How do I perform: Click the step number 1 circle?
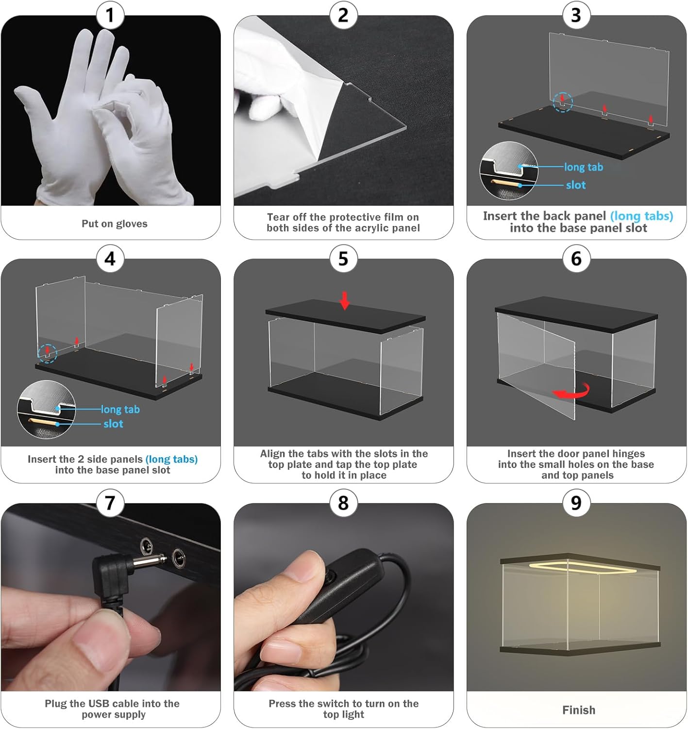coord(110,16)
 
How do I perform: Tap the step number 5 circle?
coord(343,259)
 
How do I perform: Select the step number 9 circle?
coord(576,503)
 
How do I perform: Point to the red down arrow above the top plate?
coord(344,301)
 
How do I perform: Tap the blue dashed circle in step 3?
coord(563,102)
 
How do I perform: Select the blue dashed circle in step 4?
coord(47,353)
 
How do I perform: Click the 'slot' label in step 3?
coord(575,185)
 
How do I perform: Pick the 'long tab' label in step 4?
coord(120,409)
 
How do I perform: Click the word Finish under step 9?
coord(579,710)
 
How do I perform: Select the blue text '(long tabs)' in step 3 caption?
coord(641,216)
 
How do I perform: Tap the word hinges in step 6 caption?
coord(627,454)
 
